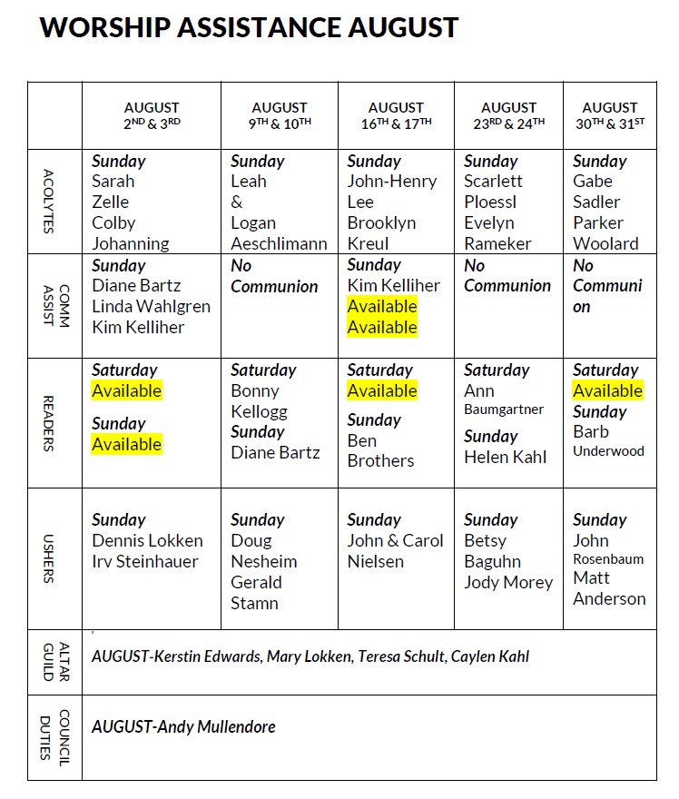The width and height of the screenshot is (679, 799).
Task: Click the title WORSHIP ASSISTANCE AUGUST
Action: coord(249,27)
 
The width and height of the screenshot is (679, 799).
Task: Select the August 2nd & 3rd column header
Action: coord(152,115)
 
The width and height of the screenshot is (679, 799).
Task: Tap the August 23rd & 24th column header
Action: coord(508,115)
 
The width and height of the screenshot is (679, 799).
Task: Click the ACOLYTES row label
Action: coord(49,202)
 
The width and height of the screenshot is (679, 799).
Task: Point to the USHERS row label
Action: coord(49,558)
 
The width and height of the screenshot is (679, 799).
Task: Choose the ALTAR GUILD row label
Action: coord(49,662)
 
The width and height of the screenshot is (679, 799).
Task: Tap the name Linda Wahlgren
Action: coord(151,307)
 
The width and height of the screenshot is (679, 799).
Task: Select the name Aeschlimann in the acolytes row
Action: coord(279,244)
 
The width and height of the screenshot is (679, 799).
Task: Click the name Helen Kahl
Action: coord(506,458)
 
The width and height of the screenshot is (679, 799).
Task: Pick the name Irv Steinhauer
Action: coord(144,562)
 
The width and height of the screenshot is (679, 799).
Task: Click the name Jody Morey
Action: coord(508,583)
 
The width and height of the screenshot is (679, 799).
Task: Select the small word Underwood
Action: coord(608,451)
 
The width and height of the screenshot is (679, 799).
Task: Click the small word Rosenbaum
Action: coord(608,559)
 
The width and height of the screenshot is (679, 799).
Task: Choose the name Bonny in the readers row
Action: coord(255,391)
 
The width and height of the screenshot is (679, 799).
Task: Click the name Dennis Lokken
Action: coord(147,541)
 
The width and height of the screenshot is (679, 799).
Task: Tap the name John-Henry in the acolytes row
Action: coord(392,182)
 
